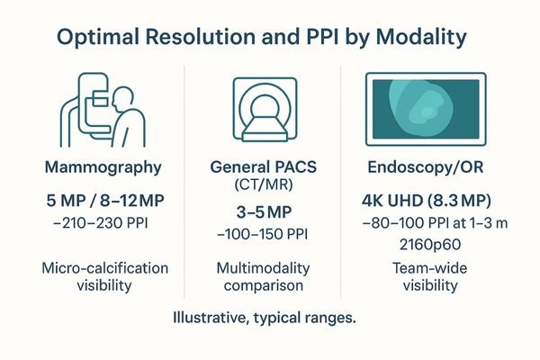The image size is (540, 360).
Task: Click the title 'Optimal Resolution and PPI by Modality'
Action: pos(270,40)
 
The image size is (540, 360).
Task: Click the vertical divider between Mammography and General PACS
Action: pos(185,180)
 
